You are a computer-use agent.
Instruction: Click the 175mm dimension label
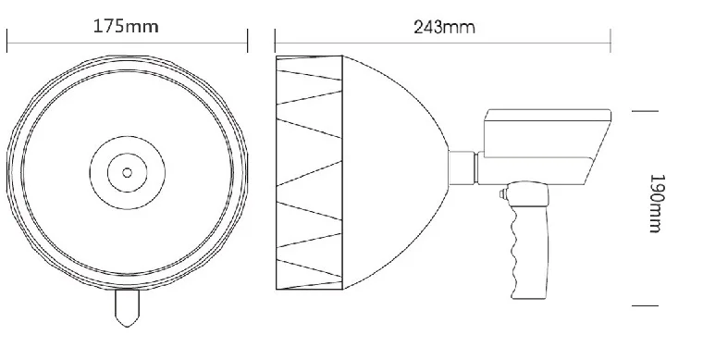[x=126, y=26]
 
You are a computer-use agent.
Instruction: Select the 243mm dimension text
[x=444, y=26]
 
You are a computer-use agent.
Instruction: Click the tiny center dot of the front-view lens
[x=126, y=171]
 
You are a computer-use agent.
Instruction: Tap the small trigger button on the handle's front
[x=500, y=195]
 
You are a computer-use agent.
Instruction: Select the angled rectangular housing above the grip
[x=546, y=143]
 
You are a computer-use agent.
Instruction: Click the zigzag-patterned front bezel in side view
[x=310, y=171]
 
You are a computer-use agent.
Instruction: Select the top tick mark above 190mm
[x=645, y=110]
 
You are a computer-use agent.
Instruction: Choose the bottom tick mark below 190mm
[x=645, y=304]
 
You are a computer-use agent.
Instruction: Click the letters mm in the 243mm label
[x=460, y=27]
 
